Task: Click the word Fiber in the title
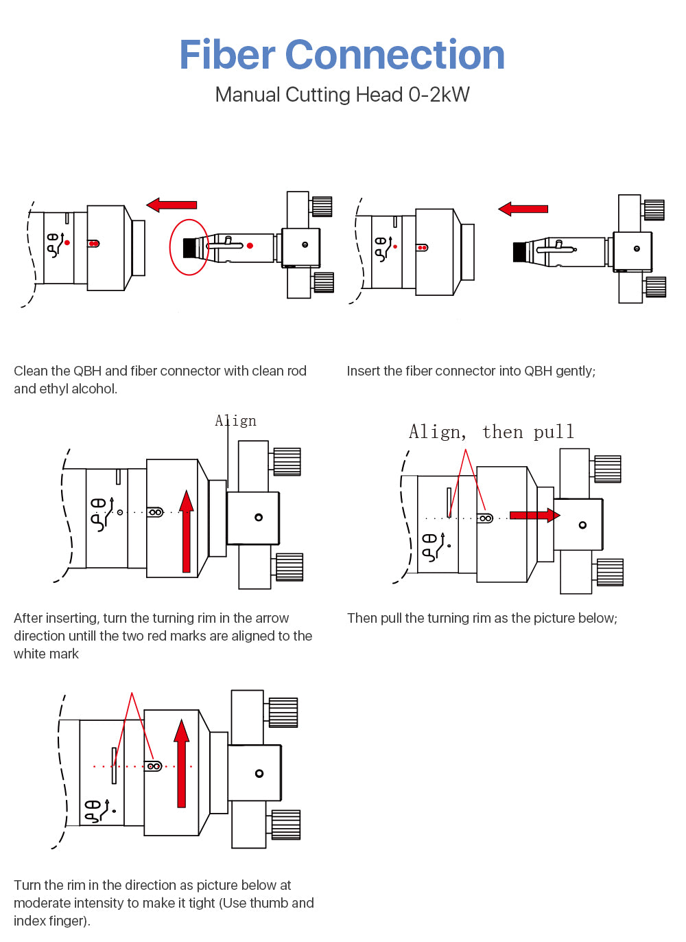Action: pos(226,55)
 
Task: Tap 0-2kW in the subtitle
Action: pos(439,95)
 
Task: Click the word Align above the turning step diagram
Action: pos(236,421)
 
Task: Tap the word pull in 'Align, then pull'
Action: pos(554,432)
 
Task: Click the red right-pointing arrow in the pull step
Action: pos(534,515)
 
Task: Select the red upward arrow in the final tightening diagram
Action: pos(181,762)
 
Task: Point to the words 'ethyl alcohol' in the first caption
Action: pos(76,389)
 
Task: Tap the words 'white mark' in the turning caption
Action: pos(46,654)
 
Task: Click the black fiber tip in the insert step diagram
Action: pos(519,252)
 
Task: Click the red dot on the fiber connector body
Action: pos(250,245)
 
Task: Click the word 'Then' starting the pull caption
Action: pos(362,619)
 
